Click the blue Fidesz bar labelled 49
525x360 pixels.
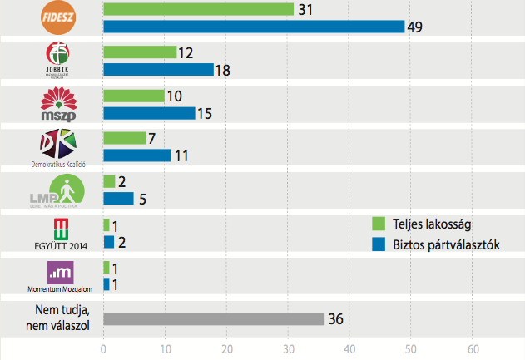coord(254,27)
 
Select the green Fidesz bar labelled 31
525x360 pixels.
coord(199,8)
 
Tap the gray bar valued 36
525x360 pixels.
coord(214,319)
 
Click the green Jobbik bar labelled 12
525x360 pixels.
coord(140,52)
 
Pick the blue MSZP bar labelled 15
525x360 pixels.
coord(149,113)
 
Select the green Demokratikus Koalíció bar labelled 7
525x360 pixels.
coord(124,138)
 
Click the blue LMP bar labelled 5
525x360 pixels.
coord(118,199)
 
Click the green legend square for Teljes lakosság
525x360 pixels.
coord(377,223)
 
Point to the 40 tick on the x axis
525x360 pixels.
coord(349,349)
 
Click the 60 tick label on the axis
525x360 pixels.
coord(473,349)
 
